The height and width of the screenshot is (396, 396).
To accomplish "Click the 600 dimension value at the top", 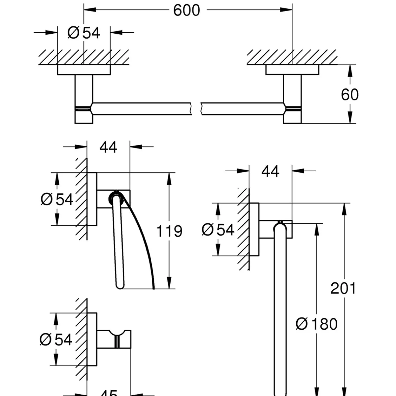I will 186,11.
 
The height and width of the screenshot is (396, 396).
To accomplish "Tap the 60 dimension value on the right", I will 350,95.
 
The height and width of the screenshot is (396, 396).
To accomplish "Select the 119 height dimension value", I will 169,231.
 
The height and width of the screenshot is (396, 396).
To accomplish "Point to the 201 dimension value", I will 344,288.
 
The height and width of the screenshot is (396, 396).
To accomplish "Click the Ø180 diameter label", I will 316,324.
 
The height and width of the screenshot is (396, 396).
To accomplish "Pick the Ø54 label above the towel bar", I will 84,33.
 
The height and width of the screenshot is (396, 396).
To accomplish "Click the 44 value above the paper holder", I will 108,147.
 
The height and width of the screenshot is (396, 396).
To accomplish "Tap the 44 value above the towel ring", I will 270,172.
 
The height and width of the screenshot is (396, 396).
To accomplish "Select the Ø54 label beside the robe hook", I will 56,339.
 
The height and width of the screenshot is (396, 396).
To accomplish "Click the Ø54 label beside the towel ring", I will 218,230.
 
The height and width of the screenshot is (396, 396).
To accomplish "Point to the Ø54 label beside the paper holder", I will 57,199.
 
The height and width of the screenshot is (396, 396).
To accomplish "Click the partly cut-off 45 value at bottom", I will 109,393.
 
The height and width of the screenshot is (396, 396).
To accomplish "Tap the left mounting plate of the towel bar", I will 84,70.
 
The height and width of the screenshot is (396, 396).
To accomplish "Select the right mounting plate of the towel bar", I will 292,70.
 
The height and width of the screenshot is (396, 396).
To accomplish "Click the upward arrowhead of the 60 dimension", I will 350,69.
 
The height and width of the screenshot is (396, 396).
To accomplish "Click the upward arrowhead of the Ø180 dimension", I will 316,228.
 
